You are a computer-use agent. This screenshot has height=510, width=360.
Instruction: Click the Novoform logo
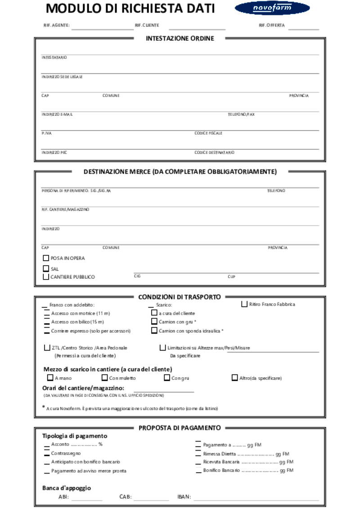tap(272, 8)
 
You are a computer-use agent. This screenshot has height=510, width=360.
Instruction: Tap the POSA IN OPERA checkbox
tap(45, 258)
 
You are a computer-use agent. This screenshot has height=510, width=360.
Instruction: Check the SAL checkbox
tap(45, 269)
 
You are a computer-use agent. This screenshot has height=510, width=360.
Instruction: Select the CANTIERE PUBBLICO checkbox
tap(45, 277)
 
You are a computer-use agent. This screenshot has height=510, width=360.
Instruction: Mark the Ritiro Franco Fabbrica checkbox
tap(245, 304)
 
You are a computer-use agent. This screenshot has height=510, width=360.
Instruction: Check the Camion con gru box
tap(154, 322)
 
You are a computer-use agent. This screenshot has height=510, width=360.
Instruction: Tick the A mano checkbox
tap(50, 378)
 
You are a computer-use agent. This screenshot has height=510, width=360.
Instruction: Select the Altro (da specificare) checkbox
tap(234, 378)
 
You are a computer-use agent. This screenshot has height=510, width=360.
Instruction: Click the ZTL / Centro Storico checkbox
tap(47, 348)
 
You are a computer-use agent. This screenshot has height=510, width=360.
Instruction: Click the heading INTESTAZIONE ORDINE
tap(180, 39)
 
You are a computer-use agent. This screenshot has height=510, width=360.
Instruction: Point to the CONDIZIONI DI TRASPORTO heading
tap(179, 297)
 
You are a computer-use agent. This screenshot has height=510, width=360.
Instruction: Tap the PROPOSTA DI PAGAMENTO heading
tap(180, 428)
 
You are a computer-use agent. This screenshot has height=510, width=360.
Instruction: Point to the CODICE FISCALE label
tap(208, 133)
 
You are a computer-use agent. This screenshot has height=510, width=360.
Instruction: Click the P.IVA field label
tap(46, 133)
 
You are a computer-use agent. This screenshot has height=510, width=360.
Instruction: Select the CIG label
tap(137, 276)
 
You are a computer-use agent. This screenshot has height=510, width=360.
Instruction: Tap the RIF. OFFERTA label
tap(272, 26)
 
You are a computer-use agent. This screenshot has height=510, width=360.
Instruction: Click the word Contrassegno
tap(66, 453)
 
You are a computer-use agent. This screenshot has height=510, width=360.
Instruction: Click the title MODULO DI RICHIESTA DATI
tap(130, 9)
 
